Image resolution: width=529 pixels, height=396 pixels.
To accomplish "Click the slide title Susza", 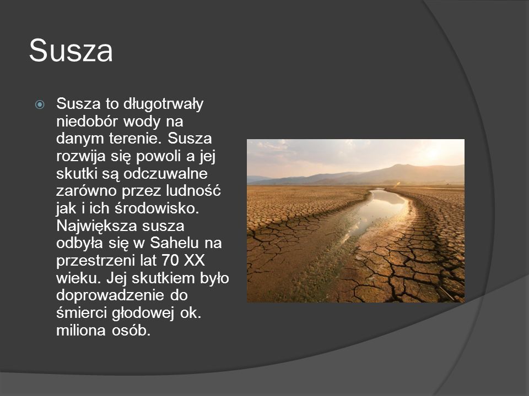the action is (x=71, y=51).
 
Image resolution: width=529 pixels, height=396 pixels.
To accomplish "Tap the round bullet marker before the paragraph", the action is (x=40, y=105).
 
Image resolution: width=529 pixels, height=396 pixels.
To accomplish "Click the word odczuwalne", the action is (x=165, y=173).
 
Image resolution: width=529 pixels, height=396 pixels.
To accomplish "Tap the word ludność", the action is (x=193, y=191).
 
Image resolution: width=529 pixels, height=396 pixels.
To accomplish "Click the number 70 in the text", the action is (x=170, y=260).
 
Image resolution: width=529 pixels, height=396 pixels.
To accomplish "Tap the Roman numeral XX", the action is (x=195, y=260).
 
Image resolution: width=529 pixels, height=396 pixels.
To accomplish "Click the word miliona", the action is (x=81, y=331).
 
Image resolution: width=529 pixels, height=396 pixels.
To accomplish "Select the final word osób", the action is (x=131, y=331).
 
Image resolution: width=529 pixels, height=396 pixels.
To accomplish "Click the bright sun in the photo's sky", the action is (x=433, y=153).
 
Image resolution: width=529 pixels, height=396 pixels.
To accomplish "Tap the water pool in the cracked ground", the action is (x=378, y=212).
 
